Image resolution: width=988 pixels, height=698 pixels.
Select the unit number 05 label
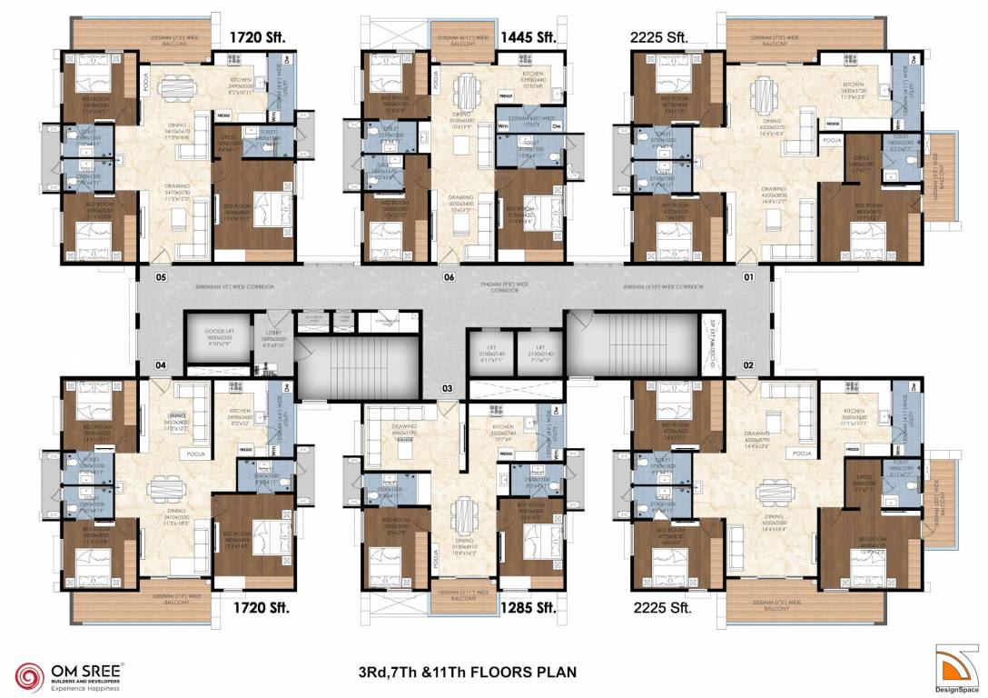pos(161,276)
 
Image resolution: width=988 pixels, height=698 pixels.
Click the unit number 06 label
pos(449,276)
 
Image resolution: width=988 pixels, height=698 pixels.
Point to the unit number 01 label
pos(749,276)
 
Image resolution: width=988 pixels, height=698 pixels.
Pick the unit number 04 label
pos(161,365)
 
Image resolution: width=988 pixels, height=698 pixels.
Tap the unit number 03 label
pos(447,388)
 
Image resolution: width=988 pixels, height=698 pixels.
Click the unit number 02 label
pos(749,365)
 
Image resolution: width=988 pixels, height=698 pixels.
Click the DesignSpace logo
pos(958,667)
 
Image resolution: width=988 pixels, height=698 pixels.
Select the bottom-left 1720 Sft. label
pos(262,607)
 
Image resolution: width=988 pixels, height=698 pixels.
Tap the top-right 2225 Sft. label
pos(660,37)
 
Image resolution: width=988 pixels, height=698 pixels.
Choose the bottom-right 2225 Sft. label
pos(660,607)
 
